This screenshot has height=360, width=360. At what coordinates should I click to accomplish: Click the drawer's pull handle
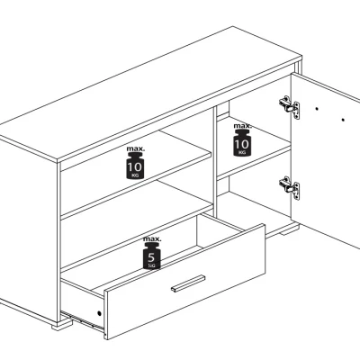188,283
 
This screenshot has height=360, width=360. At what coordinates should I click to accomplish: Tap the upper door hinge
290,107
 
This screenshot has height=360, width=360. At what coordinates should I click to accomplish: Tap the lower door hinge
290,188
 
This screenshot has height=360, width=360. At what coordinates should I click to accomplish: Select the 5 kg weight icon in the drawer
152,256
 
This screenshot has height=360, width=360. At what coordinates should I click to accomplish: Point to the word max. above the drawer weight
152,239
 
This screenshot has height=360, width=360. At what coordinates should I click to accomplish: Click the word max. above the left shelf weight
135,148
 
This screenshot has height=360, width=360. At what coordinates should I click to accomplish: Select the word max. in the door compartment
242,126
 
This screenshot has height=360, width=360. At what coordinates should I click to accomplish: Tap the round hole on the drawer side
99,313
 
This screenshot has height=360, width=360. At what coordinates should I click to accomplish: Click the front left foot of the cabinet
62,324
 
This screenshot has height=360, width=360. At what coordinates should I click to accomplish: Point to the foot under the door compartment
290,229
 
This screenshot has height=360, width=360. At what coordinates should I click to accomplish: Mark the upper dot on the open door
317,109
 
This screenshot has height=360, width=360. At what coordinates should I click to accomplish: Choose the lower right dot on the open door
343,120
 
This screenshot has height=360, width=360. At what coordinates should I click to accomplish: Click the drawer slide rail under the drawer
83,320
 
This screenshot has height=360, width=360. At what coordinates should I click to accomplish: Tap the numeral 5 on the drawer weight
151,257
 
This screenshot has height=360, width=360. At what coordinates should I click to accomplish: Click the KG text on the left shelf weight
135,175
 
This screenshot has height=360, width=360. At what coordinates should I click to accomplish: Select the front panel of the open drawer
184,281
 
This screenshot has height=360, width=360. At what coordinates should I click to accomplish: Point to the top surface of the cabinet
150,93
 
